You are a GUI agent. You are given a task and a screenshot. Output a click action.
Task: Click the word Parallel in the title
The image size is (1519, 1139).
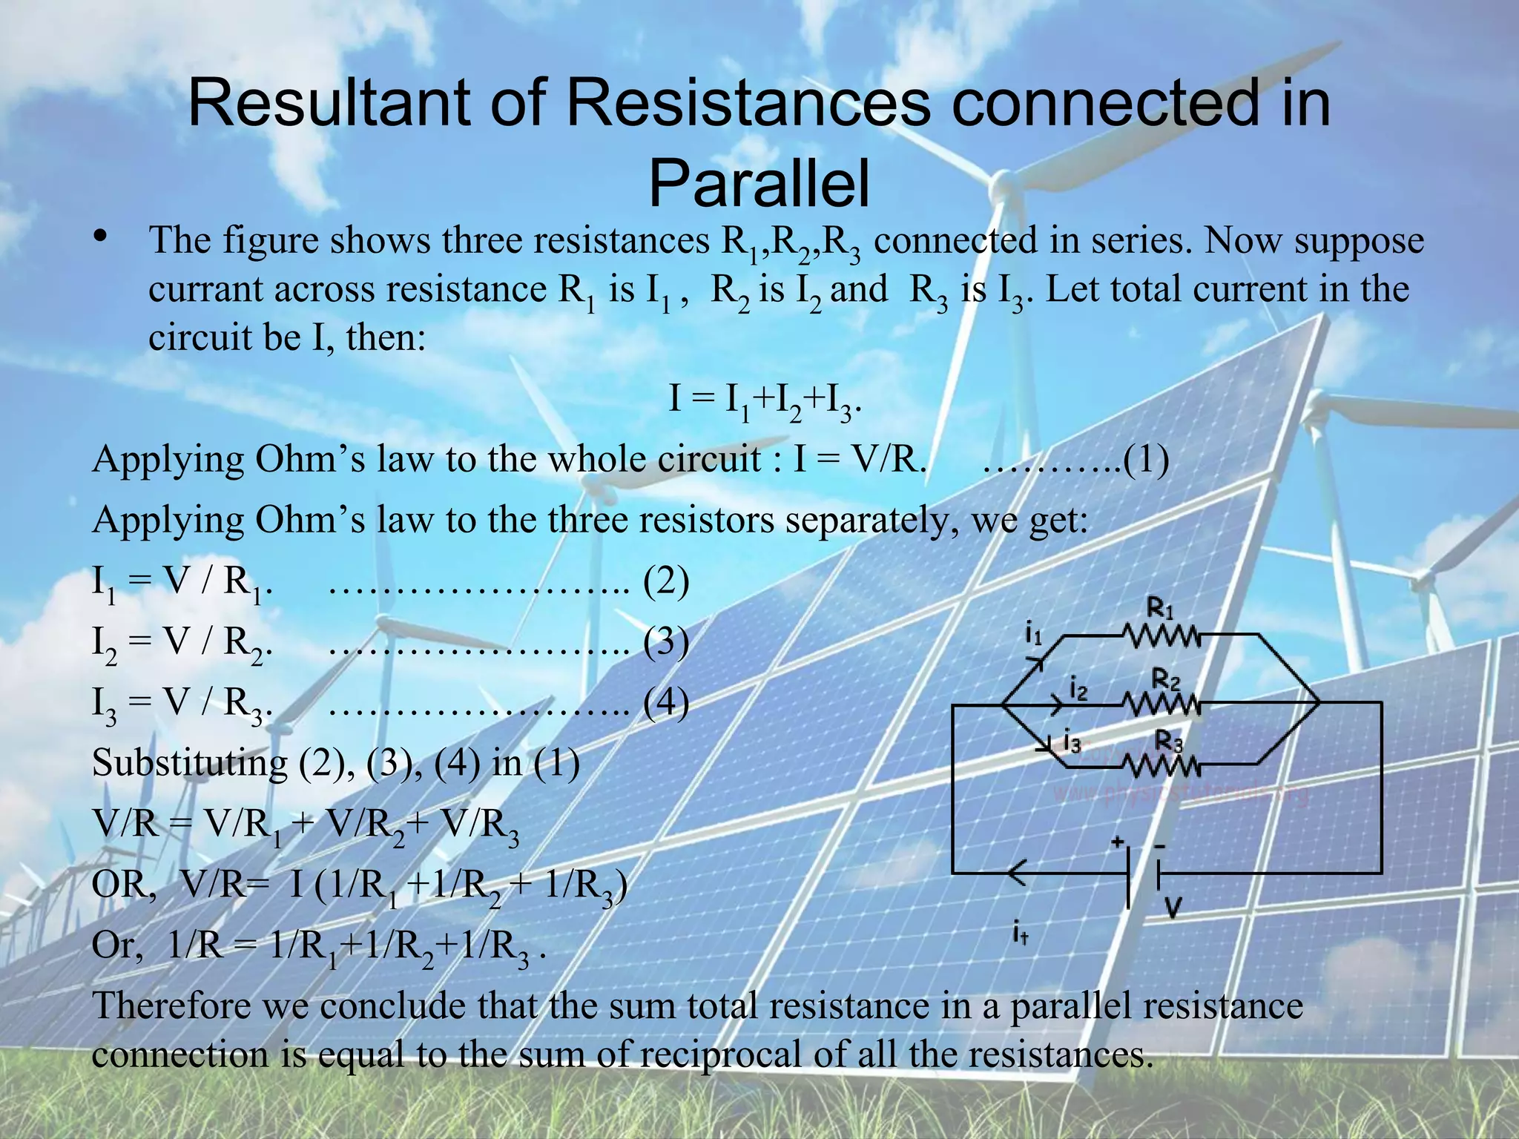(759, 185)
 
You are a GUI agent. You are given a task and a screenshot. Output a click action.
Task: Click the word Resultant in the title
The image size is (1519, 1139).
(327, 104)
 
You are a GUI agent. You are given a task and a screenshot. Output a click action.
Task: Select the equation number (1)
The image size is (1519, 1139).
(1146, 460)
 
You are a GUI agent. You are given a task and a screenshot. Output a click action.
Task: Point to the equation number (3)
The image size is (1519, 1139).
(666, 642)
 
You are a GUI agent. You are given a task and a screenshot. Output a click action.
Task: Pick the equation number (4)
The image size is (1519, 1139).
(666, 703)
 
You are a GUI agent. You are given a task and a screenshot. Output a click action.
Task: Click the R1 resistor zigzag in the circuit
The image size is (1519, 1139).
(1161, 635)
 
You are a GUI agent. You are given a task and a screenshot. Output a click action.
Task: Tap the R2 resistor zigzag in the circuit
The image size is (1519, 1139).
(1161, 703)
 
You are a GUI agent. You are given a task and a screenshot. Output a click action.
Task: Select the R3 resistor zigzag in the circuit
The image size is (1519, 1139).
(1161, 764)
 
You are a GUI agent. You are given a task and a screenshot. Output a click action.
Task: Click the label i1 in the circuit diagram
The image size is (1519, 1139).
(1033, 635)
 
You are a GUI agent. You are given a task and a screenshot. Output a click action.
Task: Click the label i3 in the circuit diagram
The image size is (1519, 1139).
(1072, 741)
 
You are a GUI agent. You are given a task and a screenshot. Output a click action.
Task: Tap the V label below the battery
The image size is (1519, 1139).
(1172, 907)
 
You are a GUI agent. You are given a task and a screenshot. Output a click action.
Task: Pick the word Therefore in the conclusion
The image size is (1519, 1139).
(171, 1006)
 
